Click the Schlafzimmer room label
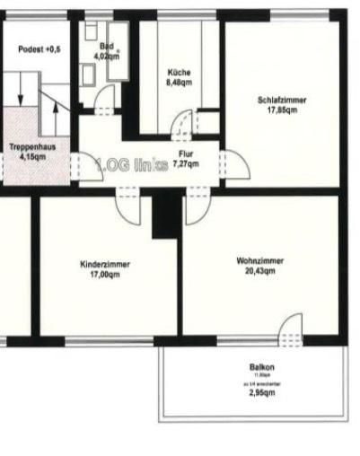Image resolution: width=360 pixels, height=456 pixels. pyautogui.click(x=281, y=101)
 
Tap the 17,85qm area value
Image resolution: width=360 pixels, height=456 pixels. pyautogui.click(x=281, y=110)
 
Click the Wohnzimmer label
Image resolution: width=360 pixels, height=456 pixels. pyautogui.click(x=260, y=260)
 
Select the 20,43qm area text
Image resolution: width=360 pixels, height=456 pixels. pyautogui.click(x=260, y=272)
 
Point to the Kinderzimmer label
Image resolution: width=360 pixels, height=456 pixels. pyautogui.click(x=105, y=264)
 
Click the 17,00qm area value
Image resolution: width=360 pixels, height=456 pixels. pyautogui.click(x=105, y=275)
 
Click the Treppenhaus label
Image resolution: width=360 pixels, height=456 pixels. pyautogui.click(x=28, y=145)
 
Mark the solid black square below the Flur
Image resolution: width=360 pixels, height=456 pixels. pyautogui.click(x=166, y=215)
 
